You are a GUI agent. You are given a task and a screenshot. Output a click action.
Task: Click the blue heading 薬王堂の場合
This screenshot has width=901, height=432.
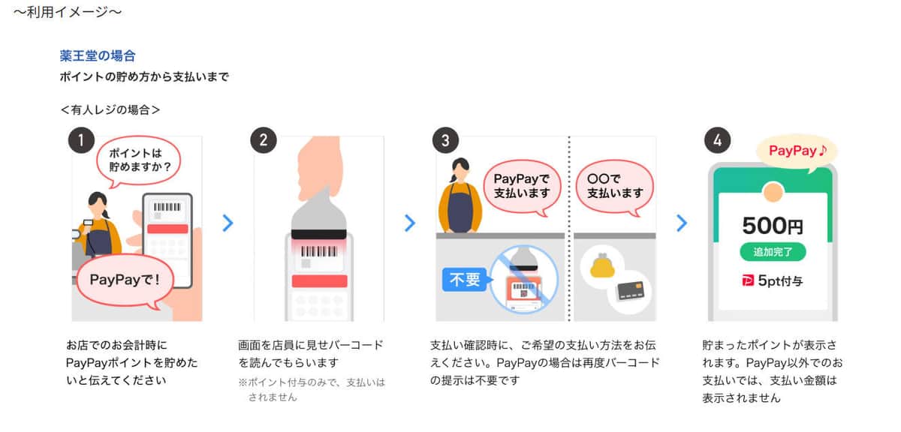[98, 56]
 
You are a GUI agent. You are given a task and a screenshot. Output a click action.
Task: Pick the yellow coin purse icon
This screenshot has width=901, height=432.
[607, 267]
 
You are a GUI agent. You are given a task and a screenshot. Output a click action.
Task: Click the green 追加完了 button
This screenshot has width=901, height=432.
[773, 251]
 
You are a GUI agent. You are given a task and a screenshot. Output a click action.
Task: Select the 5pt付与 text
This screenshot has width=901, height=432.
[773, 281]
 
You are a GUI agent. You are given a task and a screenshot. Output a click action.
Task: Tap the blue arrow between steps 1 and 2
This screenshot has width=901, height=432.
[228, 223]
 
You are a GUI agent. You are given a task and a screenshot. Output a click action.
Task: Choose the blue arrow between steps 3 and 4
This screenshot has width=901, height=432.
[682, 223]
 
